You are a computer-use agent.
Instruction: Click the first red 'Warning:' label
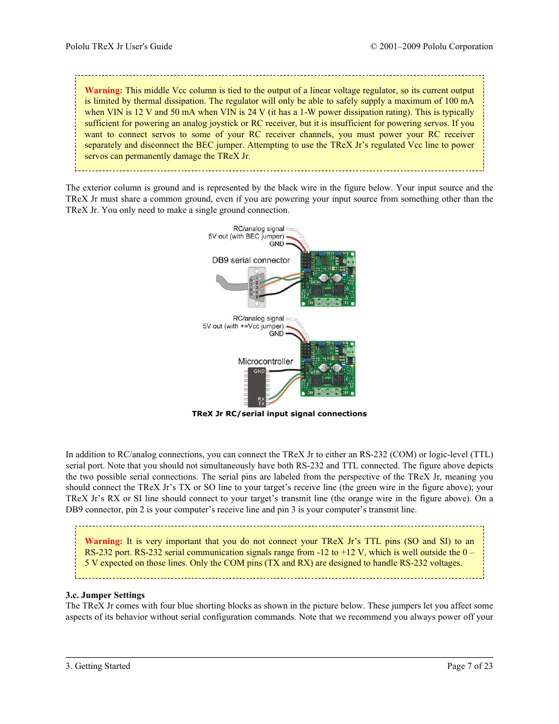[x=103, y=90]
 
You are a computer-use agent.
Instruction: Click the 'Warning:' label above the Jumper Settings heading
[x=103, y=541]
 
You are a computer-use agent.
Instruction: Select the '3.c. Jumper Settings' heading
[x=105, y=595]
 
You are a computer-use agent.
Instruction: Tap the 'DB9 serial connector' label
[x=251, y=260]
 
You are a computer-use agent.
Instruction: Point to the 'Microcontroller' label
[x=265, y=362]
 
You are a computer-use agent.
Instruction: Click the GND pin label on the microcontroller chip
[x=258, y=371]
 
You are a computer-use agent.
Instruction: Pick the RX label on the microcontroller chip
[x=261, y=399]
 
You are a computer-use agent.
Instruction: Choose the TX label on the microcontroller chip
[x=261, y=404]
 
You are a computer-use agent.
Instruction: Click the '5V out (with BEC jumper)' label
[x=246, y=236]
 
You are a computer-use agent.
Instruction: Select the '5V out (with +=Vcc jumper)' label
[x=243, y=327]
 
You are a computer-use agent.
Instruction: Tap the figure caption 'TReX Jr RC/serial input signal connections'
[x=279, y=414]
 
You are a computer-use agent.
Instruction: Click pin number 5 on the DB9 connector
[x=257, y=297]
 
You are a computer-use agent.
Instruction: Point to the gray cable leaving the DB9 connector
[x=231, y=285]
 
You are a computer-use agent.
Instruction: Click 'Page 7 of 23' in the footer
[x=469, y=666]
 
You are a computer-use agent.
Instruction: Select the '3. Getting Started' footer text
[x=98, y=666]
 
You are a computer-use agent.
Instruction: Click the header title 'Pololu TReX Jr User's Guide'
[x=119, y=46]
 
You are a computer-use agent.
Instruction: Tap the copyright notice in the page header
[x=431, y=46]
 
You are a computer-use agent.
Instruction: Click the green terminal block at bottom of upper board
[x=328, y=302]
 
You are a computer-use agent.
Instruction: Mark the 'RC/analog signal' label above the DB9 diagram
[x=258, y=229]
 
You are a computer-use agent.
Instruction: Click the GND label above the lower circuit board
[x=276, y=334]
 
